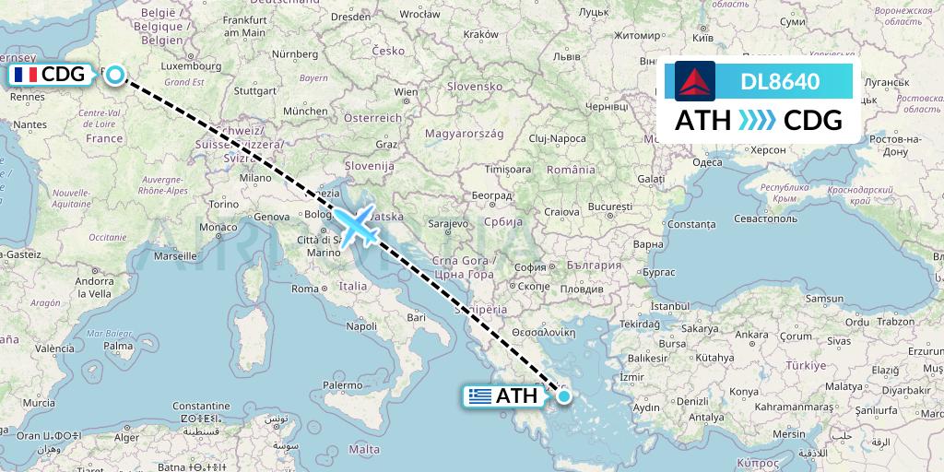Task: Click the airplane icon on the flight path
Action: click(355, 225)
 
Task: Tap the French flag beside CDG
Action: click(25, 75)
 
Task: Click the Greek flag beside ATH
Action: click(479, 397)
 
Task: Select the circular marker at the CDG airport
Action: click(114, 75)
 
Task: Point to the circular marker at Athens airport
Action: click(563, 397)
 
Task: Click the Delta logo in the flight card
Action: click(695, 81)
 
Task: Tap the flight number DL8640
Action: click(780, 81)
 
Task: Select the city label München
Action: click(305, 111)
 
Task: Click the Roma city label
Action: click(305, 289)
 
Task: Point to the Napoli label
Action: click(360, 325)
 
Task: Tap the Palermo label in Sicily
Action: click(342, 384)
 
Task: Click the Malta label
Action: click(365, 449)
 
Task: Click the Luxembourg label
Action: click(184, 66)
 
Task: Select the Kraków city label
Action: click(479, 34)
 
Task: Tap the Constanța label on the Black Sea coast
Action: click(690, 224)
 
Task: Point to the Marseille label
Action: click(182, 255)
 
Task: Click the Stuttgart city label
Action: click(255, 91)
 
